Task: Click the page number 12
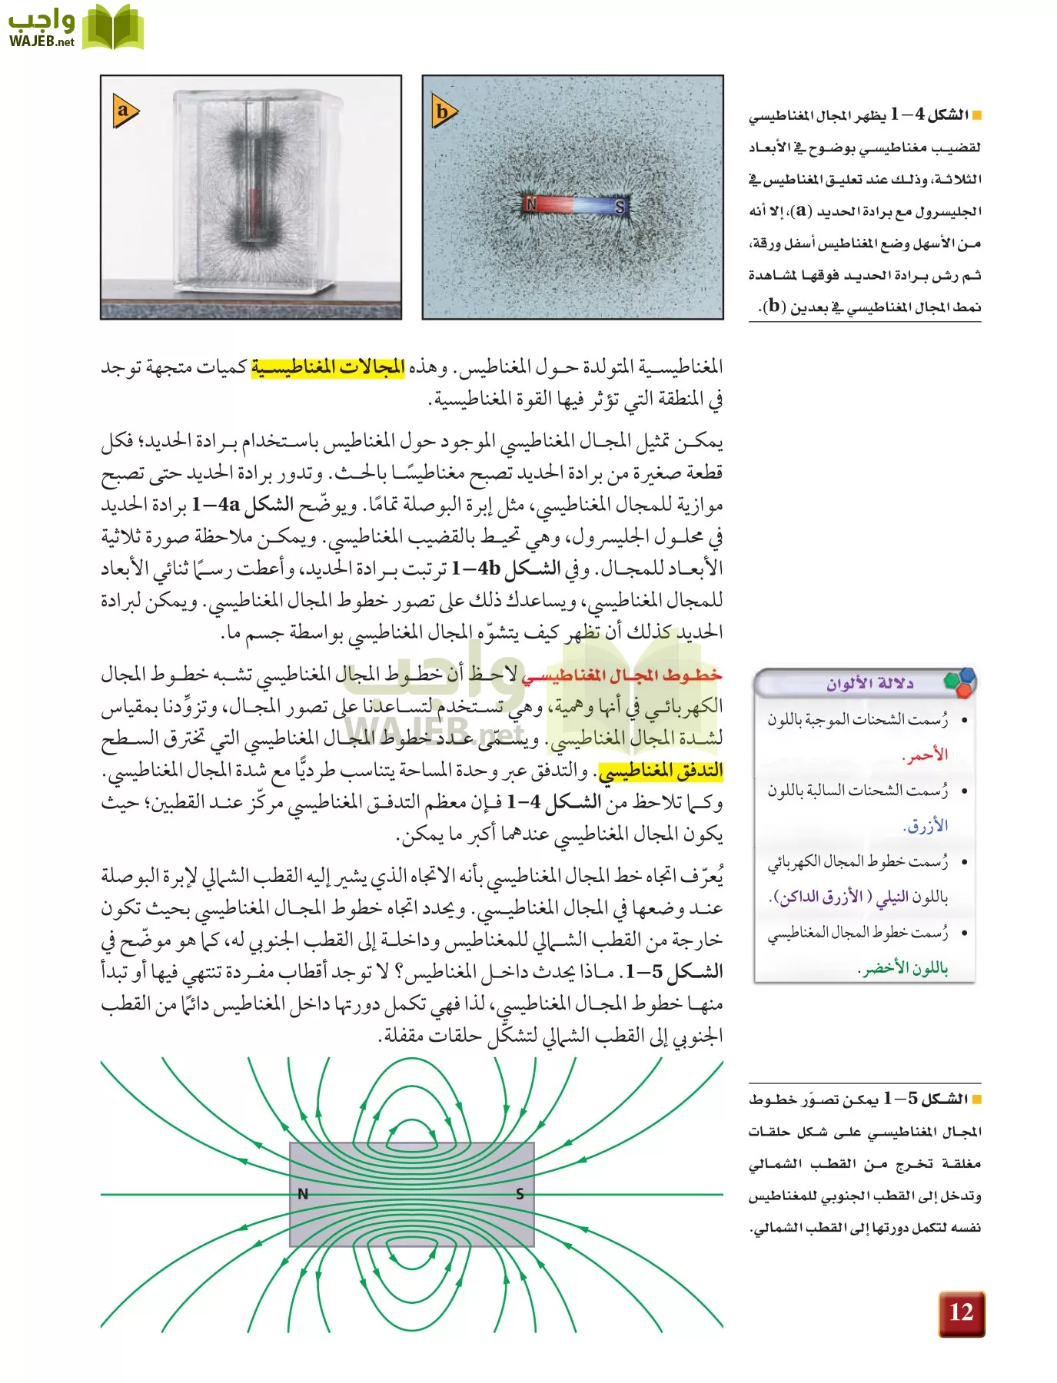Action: tap(961, 1313)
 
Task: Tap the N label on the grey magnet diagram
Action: tap(303, 1194)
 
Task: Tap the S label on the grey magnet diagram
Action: tap(520, 1194)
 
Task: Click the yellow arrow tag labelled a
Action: tap(125, 111)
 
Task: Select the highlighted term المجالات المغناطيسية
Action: tap(328, 367)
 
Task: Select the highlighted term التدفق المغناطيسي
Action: tap(660, 771)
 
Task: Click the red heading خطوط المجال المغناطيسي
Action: tap(622, 675)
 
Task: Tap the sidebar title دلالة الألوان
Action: tap(869, 683)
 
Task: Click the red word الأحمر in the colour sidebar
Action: tap(926, 755)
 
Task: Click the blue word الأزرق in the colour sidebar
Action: tap(926, 827)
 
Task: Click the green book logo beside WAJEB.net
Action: tap(112, 27)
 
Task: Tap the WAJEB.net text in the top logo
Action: tap(42, 41)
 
